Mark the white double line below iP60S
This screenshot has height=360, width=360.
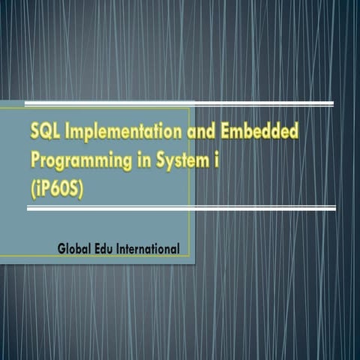[x=180, y=208]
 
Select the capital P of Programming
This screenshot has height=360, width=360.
[x=35, y=159]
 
